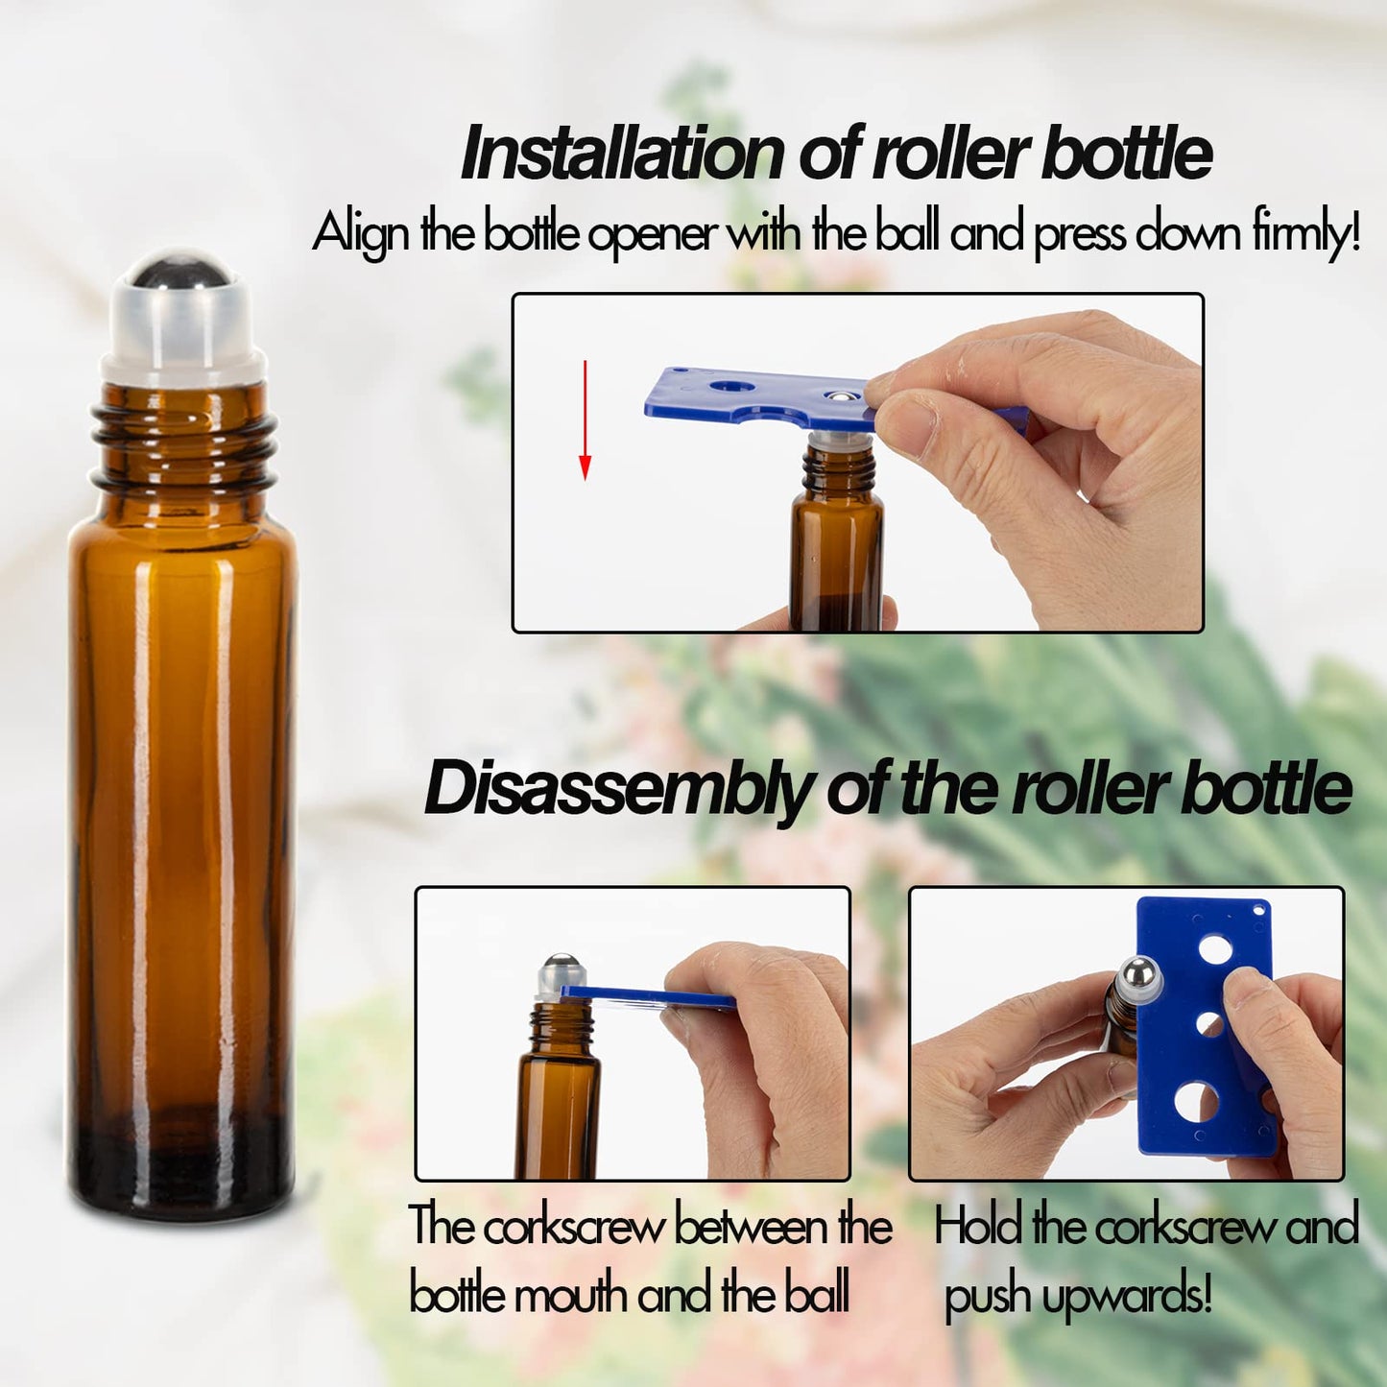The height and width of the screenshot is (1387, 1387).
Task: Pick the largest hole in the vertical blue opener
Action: [1197, 1102]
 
